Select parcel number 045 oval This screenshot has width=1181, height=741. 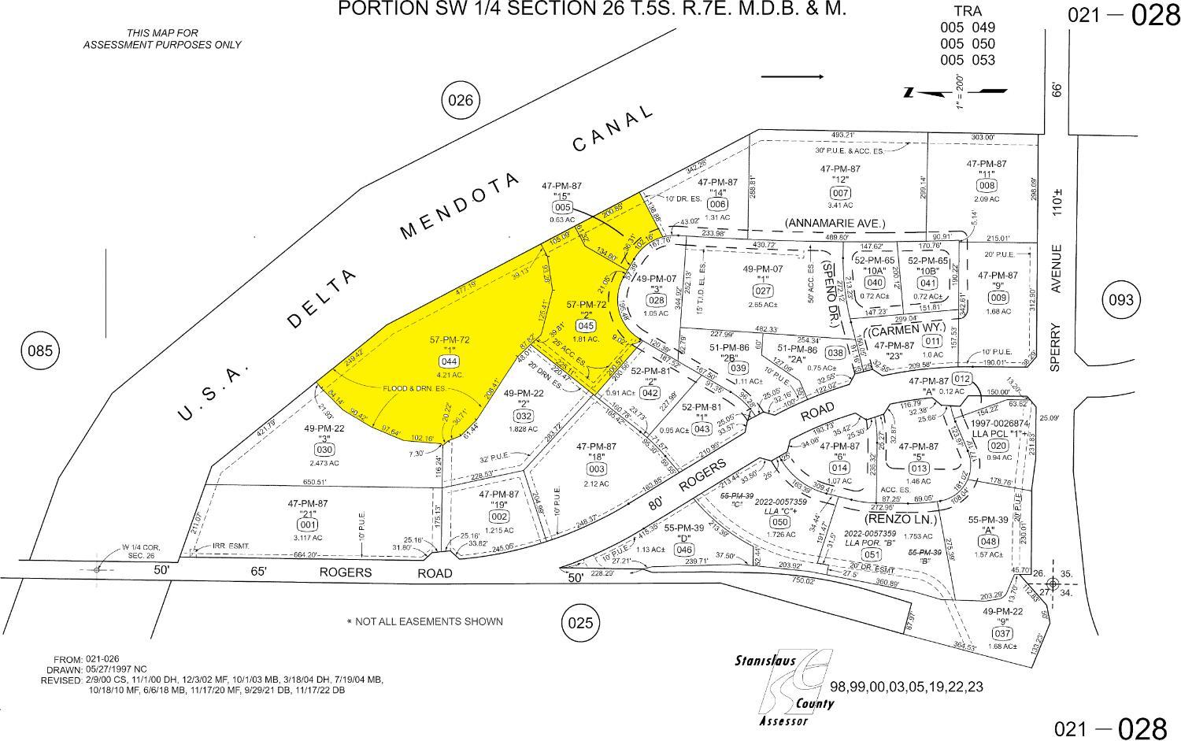click(x=585, y=325)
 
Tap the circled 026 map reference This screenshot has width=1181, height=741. click(x=461, y=100)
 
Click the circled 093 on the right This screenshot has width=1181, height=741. click(x=1121, y=300)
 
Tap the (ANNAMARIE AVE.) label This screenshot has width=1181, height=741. click(x=835, y=224)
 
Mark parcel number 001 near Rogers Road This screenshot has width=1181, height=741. click(x=308, y=524)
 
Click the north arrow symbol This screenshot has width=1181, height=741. click(x=956, y=91)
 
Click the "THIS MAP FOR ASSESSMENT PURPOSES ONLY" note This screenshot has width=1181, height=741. click(x=162, y=39)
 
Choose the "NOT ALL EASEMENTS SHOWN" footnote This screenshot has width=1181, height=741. click(x=424, y=621)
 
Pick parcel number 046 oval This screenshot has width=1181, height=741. click(x=684, y=550)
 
